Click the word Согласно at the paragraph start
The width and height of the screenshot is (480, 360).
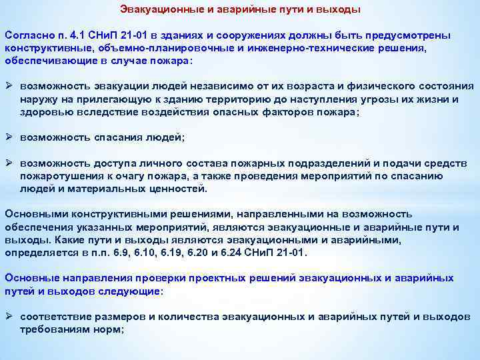pyautogui.click(x=26, y=34)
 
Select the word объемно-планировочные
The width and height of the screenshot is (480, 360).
pyautogui.click(x=142, y=47)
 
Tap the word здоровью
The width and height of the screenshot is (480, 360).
pyautogui.click(x=45, y=112)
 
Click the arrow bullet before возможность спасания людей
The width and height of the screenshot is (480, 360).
pyautogui.click(x=9, y=137)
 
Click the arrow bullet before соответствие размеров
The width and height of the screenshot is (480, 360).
pyautogui.click(x=9, y=317)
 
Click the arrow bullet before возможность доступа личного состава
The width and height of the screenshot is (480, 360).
pyautogui.click(x=9, y=163)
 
